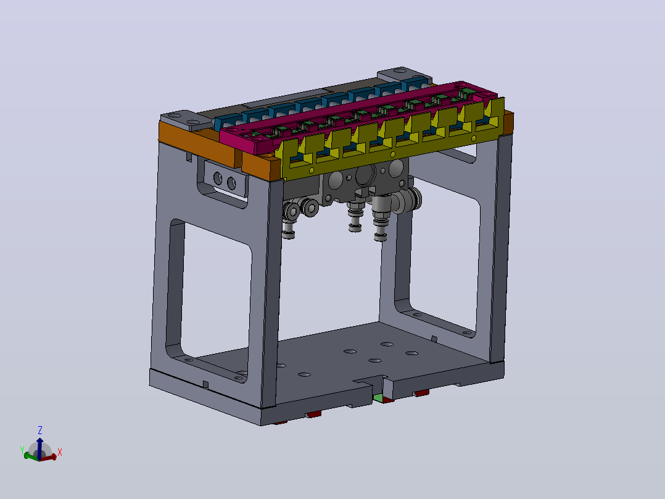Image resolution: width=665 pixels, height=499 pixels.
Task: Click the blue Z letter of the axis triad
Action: coord(40,430)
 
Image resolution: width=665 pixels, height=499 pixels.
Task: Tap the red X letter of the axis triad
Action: coord(60,452)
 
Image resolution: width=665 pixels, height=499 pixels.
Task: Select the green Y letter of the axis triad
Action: coord(22,450)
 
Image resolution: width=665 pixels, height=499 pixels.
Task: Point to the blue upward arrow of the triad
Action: coord(39,448)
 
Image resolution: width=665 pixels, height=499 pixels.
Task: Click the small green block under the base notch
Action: coord(378,398)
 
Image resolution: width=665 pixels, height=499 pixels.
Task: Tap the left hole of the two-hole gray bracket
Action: coord(218,178)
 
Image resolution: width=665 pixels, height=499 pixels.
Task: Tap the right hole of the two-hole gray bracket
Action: coord(231,183)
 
